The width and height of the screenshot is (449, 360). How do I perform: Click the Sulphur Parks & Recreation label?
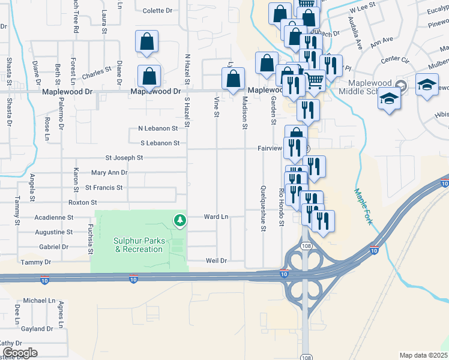tap(138, 245)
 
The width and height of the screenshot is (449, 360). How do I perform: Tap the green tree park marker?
tap(179, 221)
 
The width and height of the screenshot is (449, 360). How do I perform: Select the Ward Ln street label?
tap(216, 216)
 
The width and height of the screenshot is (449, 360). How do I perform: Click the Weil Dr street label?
tap(215, 260)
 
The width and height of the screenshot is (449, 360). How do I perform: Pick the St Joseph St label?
tap(124, 158)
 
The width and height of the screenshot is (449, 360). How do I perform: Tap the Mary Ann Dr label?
tap(109, 173)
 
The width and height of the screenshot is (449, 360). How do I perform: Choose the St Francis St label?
tap(104, 188)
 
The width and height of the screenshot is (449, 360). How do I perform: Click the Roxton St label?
tap(83, 203)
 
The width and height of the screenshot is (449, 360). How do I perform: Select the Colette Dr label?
tap(158, 11)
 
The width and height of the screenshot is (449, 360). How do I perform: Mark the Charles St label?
tap(97, 73)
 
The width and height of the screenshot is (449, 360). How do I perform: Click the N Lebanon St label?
tap(158, 128)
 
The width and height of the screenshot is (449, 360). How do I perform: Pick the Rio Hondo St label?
tap(281, 207)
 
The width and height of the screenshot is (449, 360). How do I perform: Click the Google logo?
tap(19, 353)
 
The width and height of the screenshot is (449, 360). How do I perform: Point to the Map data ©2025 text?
tap(423, 355)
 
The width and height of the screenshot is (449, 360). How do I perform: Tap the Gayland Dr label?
tap(37, 329)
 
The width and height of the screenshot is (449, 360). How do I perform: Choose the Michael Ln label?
tap(39, 300)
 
